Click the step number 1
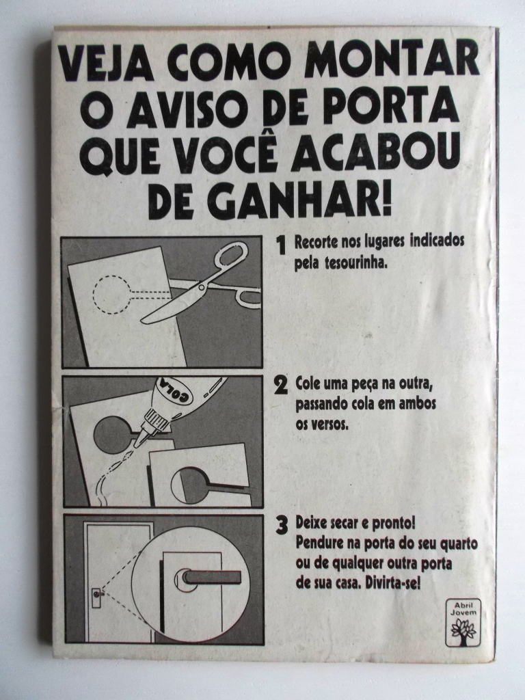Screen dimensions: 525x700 click(x=281, y=245)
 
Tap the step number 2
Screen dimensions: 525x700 click(x=280, y=386)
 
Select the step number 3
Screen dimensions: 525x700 click(x=281, y=526)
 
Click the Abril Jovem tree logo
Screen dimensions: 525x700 click(x=463, y=623)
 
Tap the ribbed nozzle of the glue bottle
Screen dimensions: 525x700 click(x=150, y=425)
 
